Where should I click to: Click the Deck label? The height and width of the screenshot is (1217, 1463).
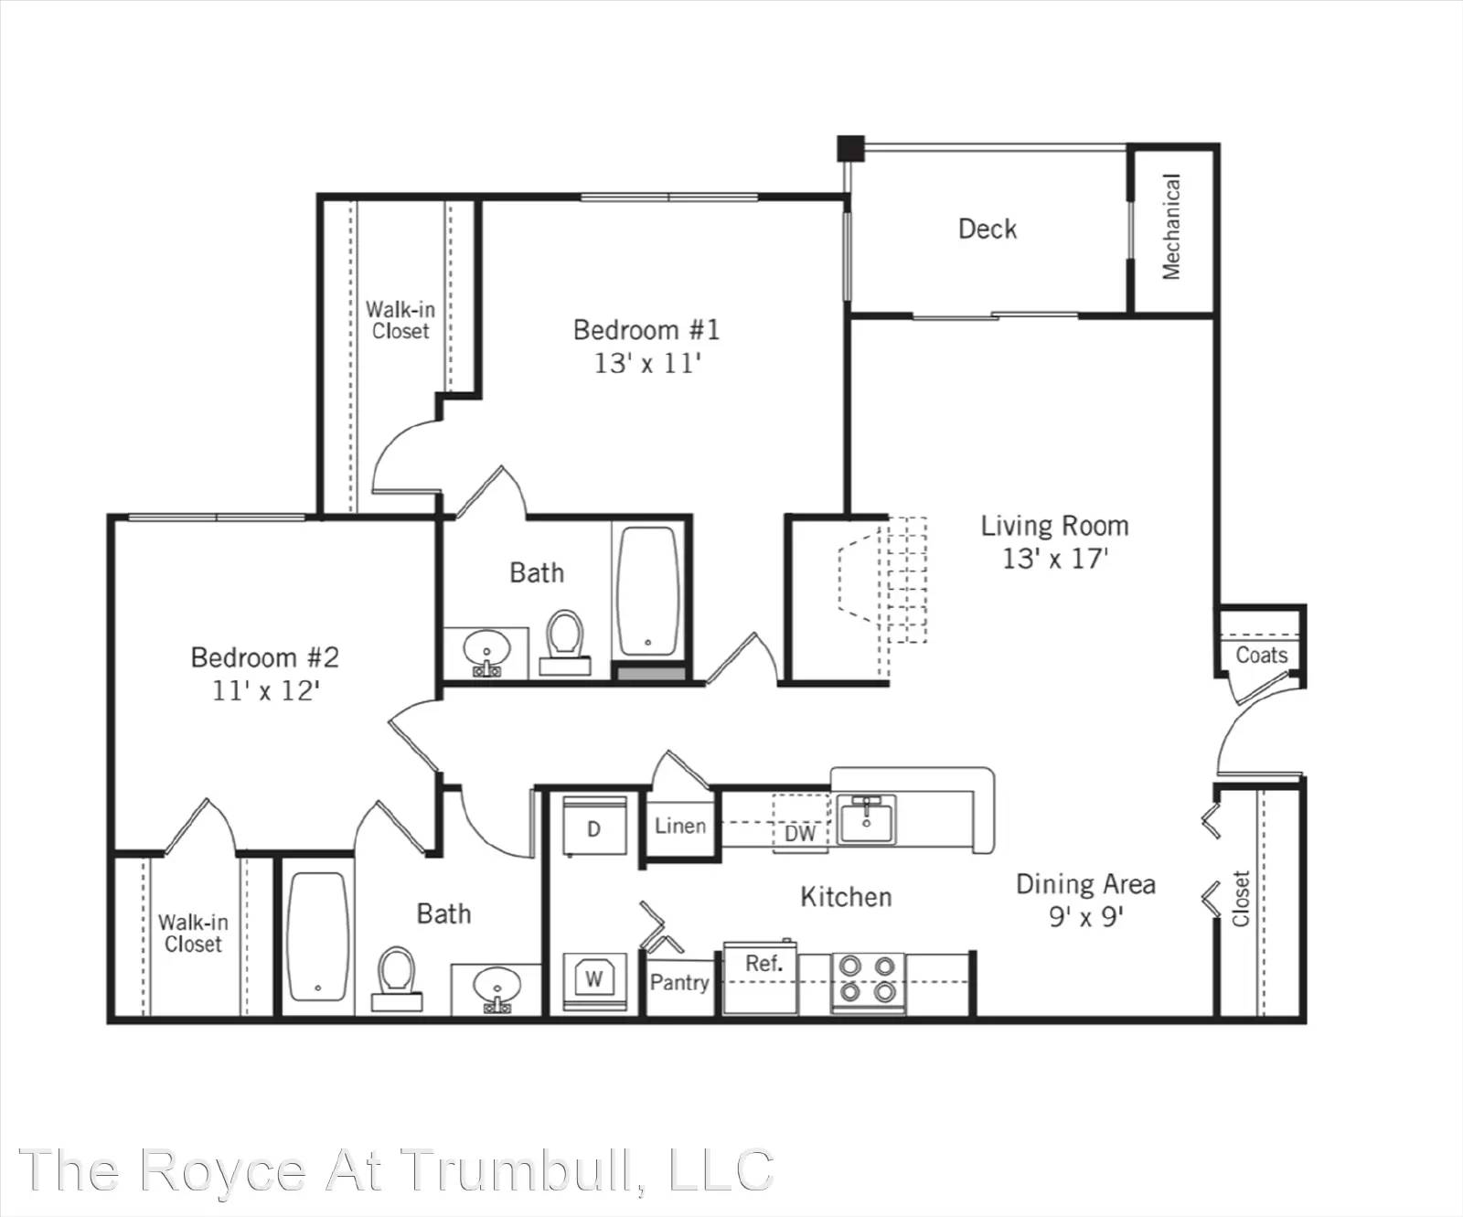coord(987,229)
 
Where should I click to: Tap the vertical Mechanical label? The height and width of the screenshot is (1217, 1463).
coord(1171,227)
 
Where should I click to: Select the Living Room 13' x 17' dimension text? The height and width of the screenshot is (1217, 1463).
coord(1055,558)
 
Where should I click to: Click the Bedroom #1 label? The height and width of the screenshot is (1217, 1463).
coord(646,329)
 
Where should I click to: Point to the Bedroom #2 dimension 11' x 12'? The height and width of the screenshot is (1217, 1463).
coord(265,690)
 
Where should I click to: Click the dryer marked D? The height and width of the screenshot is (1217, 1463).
coord(594,827)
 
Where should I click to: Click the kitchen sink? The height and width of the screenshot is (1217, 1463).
coord(867,818)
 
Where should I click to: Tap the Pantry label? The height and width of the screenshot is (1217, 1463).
coord(679,982)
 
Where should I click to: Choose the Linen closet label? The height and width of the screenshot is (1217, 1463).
coord(680,826)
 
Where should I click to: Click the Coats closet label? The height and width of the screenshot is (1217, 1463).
coord(1262,655)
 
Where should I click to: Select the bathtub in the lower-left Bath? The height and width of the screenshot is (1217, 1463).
coord(318,936)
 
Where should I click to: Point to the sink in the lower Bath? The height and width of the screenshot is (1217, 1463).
coord(497,989)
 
